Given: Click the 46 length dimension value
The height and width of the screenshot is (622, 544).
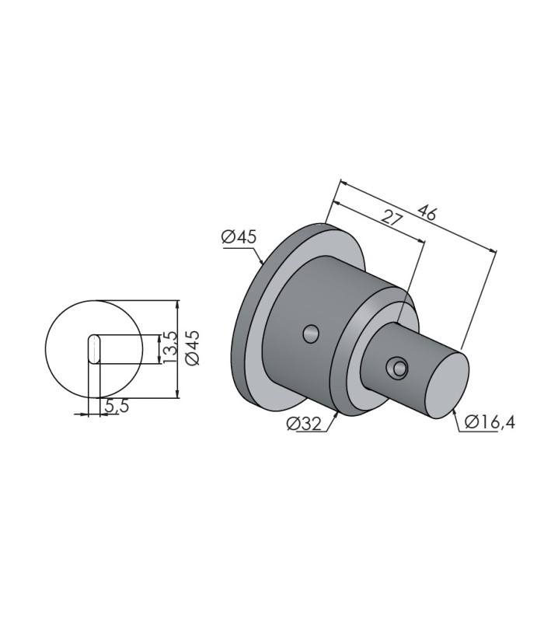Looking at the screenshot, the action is (427, 213).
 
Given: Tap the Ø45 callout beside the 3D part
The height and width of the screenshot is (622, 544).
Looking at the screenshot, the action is (239, 237).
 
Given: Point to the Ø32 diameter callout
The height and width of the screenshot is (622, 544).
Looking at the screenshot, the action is (304, 424).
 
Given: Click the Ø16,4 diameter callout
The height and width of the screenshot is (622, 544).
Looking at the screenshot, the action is (490, 422).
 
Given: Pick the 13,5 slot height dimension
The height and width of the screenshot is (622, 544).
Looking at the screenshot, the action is (168, 347).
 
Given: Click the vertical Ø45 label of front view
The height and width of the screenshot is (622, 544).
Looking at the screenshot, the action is (193, 348).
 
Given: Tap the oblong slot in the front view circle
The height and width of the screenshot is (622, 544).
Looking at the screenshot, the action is (94, 348).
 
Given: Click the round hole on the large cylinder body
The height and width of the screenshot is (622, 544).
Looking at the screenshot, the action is (312, 334).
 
